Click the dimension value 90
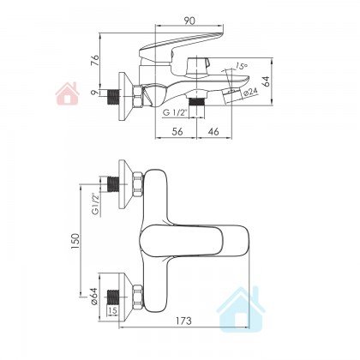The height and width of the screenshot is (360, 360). point(189,21)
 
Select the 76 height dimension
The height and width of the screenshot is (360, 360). point(95,60)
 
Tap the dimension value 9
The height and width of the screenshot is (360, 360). point(96,92)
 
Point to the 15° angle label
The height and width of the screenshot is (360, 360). point(242,66)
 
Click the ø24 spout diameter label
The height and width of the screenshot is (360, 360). point(250,93)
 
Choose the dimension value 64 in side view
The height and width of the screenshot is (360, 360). point(266,81)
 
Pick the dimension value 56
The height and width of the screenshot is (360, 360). point(177,131)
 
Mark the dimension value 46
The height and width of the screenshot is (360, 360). point(213,131)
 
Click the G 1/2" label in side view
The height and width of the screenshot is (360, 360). point(175,113)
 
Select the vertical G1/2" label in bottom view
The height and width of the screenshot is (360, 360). point(95,204)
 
